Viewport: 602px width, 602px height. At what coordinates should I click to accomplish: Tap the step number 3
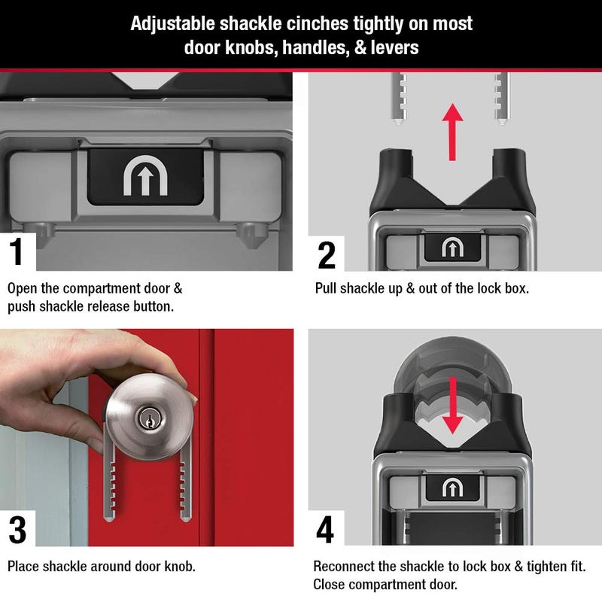click(17, 529)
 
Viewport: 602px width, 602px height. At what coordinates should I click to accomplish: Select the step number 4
click(326, 529)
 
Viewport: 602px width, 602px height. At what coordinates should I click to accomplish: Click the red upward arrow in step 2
click(452, 131)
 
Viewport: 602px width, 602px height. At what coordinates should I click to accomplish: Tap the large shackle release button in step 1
click(145, 176)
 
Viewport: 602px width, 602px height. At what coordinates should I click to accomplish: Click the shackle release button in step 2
click(452, 248)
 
